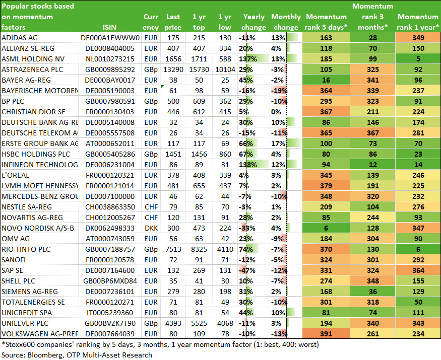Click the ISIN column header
click(x=109, y=27)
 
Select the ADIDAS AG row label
click(x=20, y=38)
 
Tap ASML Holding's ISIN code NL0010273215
click(x=110, y=59)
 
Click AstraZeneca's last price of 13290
click(x=173, y=69)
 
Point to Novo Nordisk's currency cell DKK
click(x=151, y=228)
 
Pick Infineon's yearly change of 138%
click(x=248, y=165)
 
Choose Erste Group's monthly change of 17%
click(x=278, y=143)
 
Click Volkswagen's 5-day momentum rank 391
click(x=326, y=334)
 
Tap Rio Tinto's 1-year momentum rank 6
click(x=418, y=249)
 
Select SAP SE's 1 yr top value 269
click(x=199, y=270)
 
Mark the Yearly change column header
click(x=254, y=22)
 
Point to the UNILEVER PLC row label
click(x=25, y=323)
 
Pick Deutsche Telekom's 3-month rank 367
click(x=372, y=133)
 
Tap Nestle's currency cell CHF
click(x=151, y=207)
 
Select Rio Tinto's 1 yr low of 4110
click(x=225, y=249)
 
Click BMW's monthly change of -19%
click(x=279, y=91)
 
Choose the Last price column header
click(x=173, y=22)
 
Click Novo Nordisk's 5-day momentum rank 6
click(x=326, y=228)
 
